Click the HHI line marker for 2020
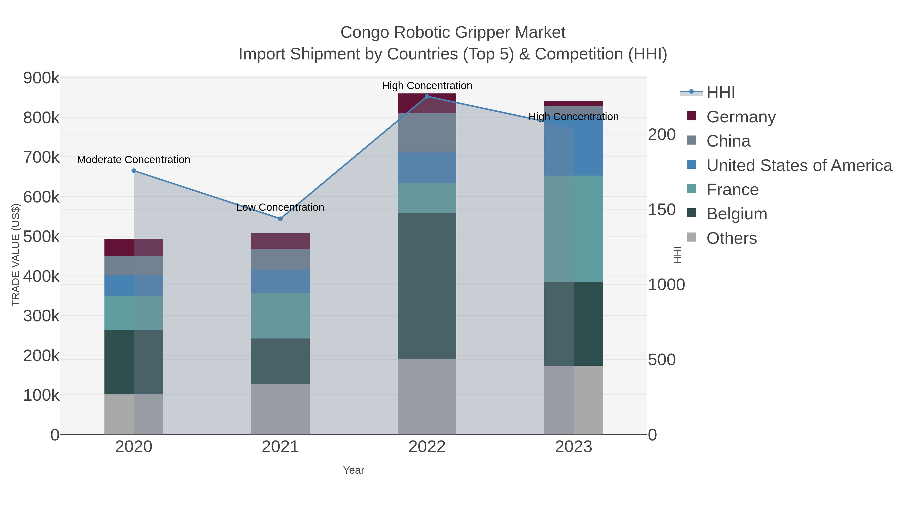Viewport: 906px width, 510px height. click(134, 171)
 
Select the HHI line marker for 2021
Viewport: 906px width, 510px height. click(280, 219)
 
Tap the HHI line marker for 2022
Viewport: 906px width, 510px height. click(427, 96)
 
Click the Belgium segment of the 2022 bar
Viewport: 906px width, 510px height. click(427, 286)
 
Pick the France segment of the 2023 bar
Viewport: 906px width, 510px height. click(574, 228)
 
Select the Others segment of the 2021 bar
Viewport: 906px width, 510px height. click(280, 409)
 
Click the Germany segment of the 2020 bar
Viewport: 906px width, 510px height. click(134, 247)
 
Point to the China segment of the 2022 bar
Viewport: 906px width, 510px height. click(427, 133)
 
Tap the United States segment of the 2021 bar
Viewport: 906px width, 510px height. click(280, 282)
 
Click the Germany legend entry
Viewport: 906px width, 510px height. click(741, 117)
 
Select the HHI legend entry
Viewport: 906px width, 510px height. click(721, 93)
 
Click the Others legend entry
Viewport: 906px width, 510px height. click(732, 238)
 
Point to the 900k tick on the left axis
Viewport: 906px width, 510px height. click(41, 78)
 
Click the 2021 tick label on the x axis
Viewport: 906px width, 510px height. click(280, 447)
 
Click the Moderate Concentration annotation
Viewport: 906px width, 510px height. click(134, 160)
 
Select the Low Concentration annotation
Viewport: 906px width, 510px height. click(280, 207)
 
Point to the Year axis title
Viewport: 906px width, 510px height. click(354, 470)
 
